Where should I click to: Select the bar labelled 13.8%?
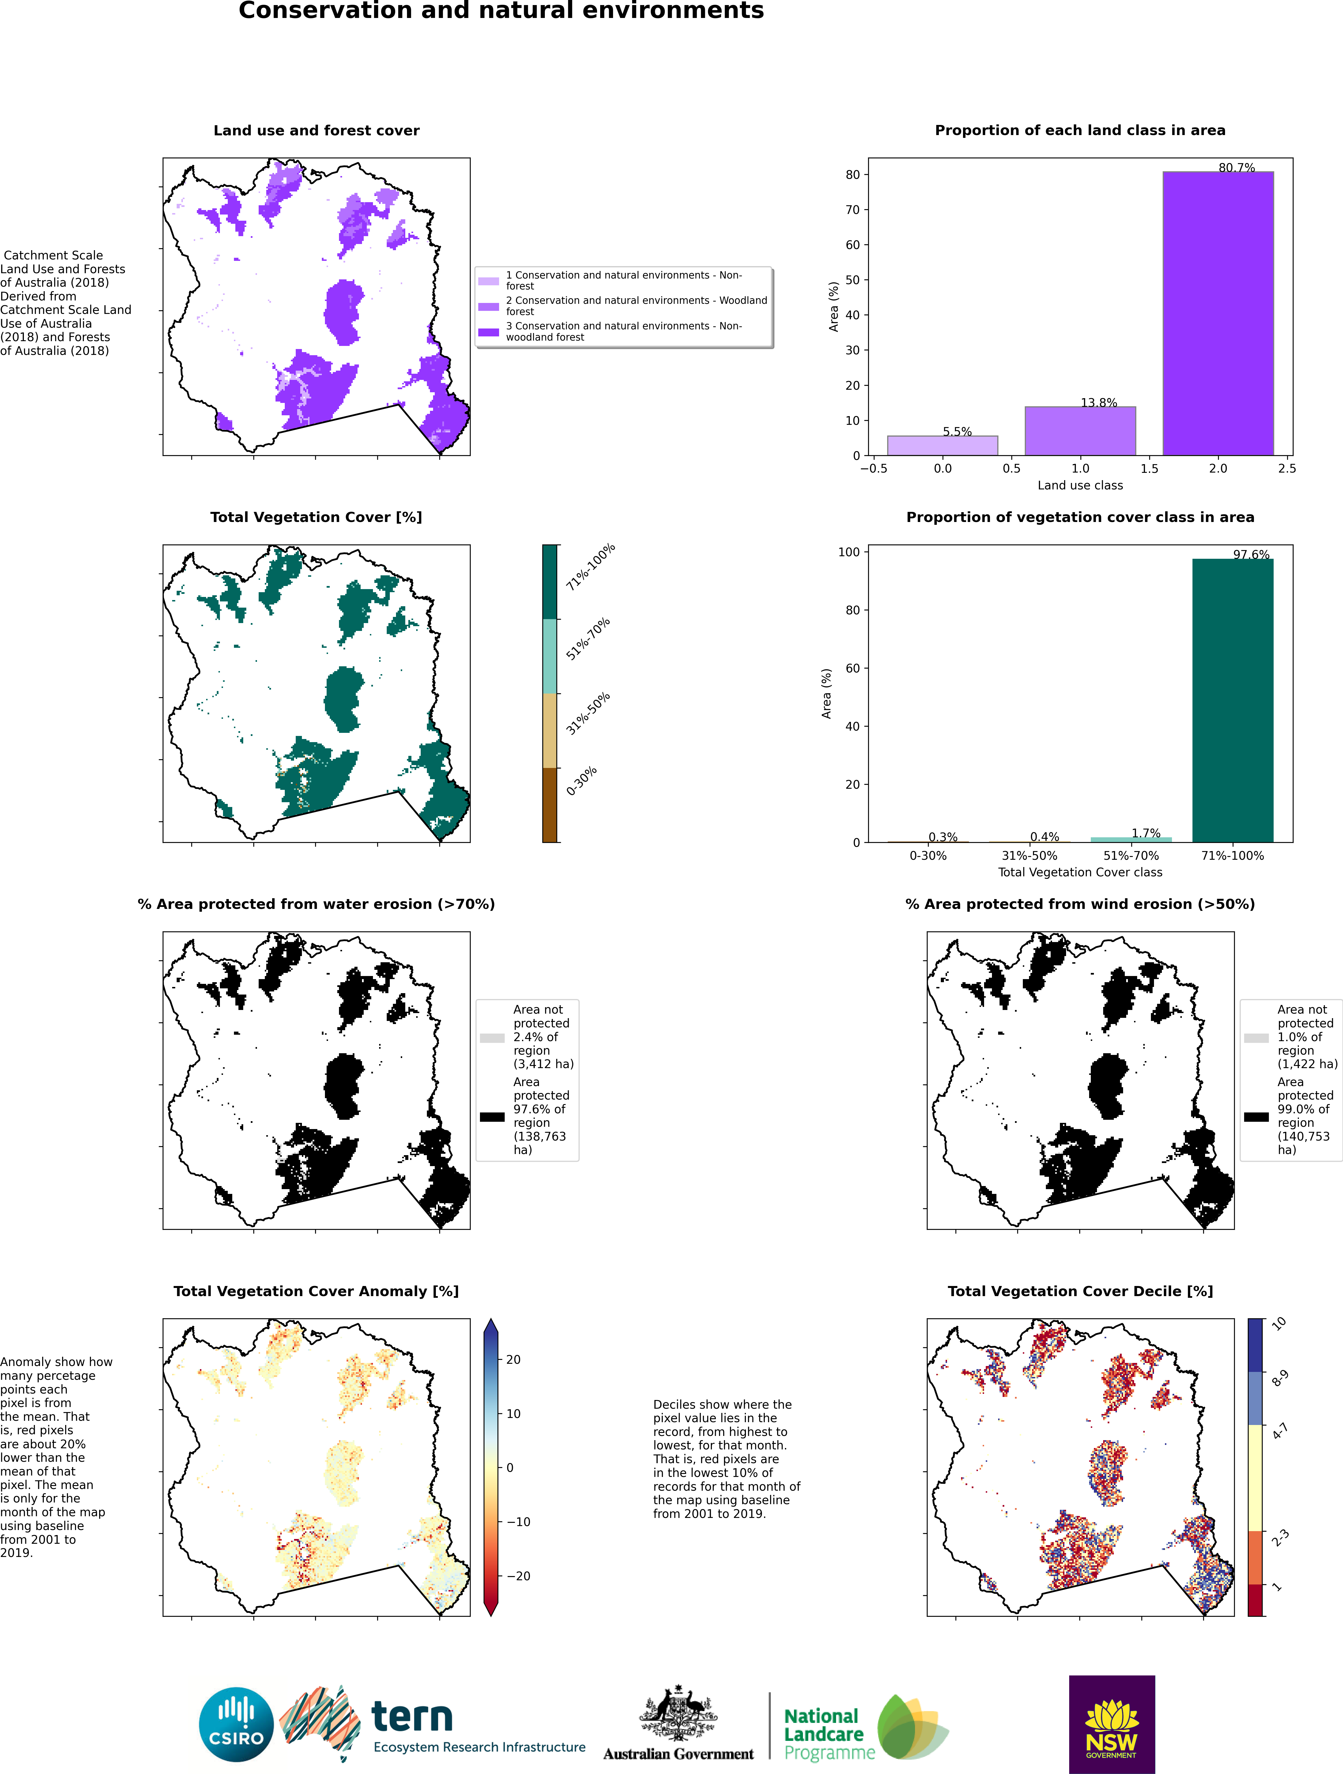[x=1080, y=431]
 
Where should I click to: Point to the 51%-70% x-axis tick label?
[x=1130, y=856]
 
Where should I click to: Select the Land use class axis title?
[x=1080, y=485]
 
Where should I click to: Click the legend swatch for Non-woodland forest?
[x=489, y=332]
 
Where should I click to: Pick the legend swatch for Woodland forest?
[x=489, y=306]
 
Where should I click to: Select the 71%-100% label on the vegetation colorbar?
[x=590, y=567]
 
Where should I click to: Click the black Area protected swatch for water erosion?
[x=492, y=1116]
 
